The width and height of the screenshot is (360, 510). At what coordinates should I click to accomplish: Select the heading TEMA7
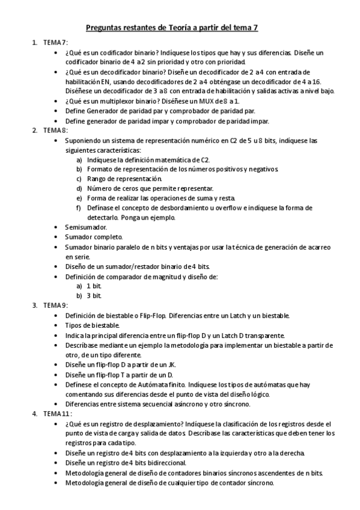point(55,43)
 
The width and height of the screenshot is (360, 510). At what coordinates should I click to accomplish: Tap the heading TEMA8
point(55,130)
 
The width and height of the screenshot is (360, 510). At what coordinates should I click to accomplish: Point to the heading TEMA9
point(55,305)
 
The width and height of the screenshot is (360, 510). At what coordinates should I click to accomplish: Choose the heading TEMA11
point(57,414)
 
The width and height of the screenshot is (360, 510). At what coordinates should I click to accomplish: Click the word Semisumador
point(86,227)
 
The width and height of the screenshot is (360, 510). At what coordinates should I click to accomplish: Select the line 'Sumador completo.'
point(94,237)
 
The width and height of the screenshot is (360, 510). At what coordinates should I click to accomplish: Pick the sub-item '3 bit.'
point(94,295)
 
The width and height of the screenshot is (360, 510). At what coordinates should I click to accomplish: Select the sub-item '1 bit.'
point(94,286)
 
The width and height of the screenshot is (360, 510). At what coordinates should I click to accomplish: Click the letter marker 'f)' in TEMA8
point(78,208)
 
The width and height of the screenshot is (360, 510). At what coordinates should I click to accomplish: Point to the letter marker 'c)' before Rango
point(78,179)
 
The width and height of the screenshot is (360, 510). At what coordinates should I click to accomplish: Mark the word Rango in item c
point(97,179)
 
